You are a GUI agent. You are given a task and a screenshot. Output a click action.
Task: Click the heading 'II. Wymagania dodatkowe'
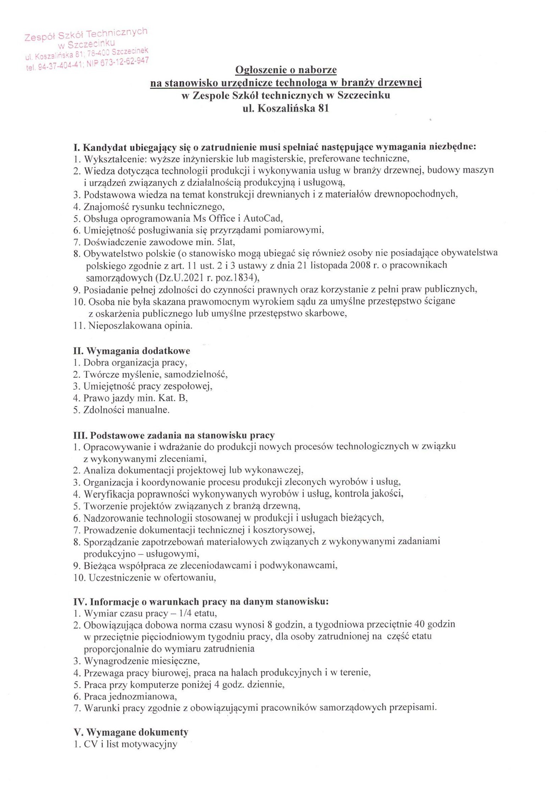(x=132, y=351)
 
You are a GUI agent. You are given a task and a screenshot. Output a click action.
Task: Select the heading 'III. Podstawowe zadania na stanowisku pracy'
(x=174, y=435)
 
